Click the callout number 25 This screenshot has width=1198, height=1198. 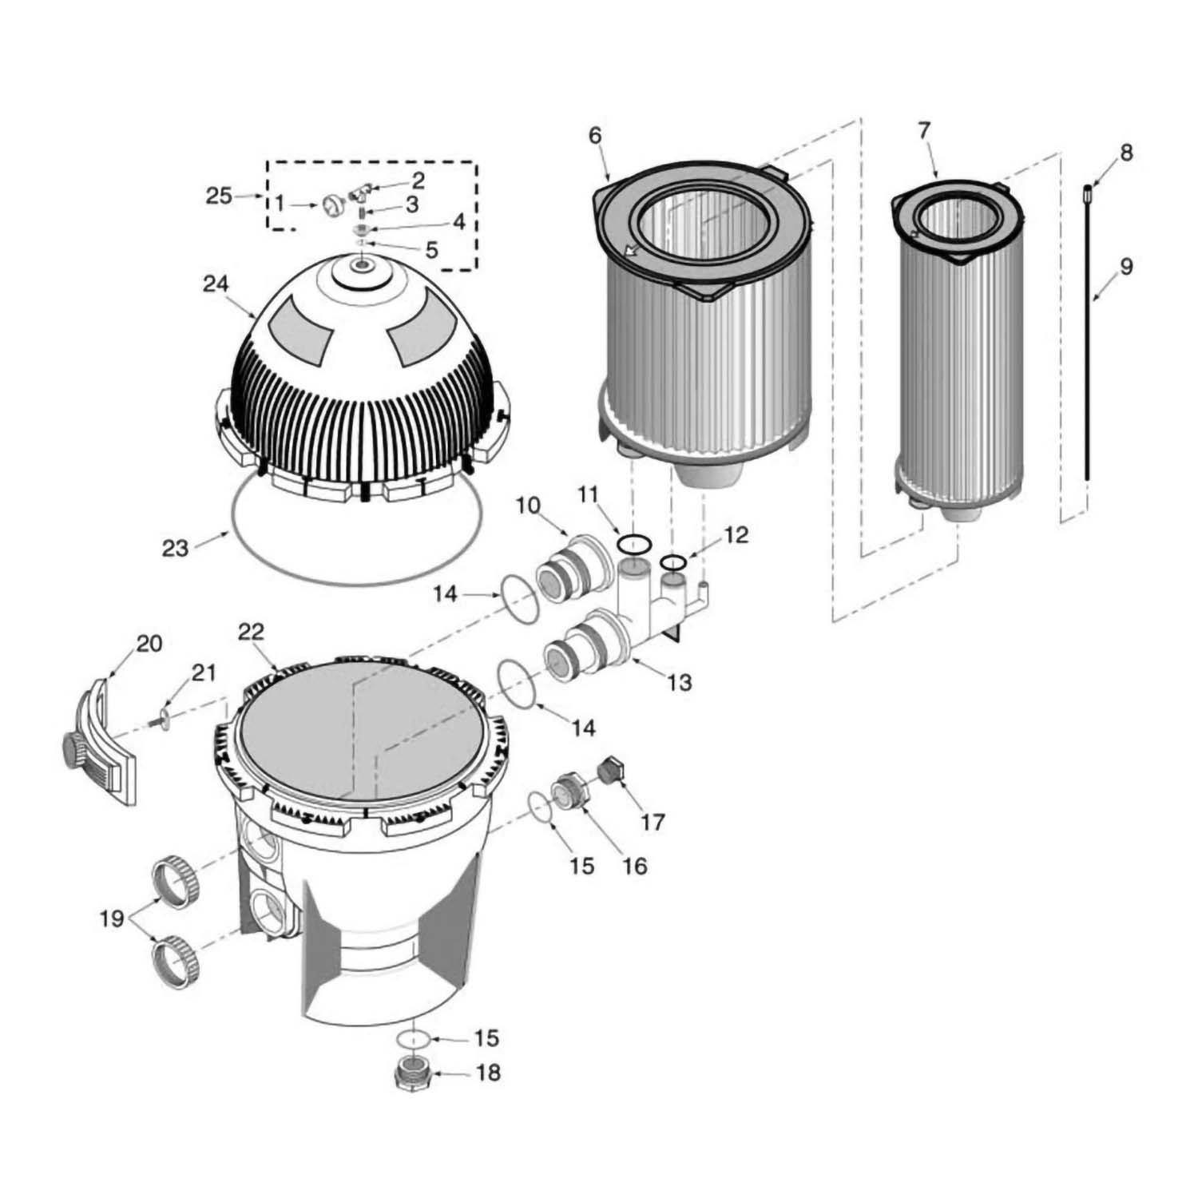pyautogui.click(x=219, y=196)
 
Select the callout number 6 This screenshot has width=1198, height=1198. pyautogui.click(x=594, y=135)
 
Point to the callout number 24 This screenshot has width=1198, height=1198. pyautogui.click(x=215, y=284)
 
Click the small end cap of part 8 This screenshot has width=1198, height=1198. pyautogui.click(x=1087, y=191)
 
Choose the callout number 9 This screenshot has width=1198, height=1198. pyautogui.click(x=1125, y=266)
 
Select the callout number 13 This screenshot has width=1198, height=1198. pyautogui.click(x=680, y=683)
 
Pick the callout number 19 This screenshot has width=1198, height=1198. pyautogui.click(x=112, y=918)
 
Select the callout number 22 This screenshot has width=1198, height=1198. pyautogui.click(x=250, y=631)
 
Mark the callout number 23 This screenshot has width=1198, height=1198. pyautogui.click(x=174, y=548)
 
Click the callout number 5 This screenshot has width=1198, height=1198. pyautogui.click(x=430, y=250)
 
